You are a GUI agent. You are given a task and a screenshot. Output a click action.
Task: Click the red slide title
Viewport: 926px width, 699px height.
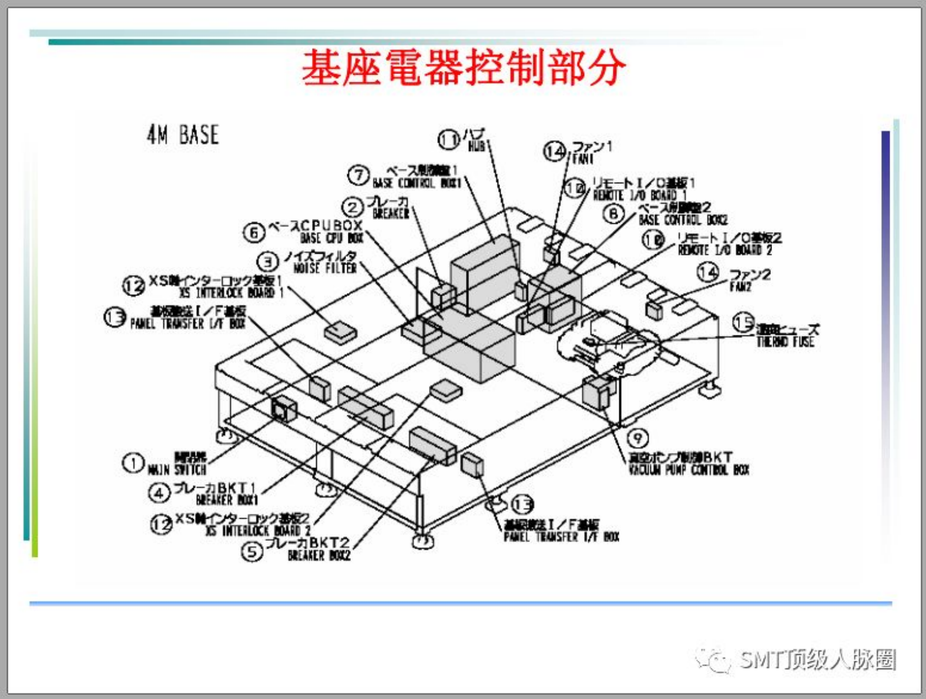[464, 68]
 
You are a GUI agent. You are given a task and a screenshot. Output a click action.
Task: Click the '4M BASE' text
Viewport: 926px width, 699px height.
[182, 135]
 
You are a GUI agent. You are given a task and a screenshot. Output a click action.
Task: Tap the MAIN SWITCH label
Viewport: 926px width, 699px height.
[177, 469]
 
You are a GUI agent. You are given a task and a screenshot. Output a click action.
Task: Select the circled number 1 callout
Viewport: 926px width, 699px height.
[133, 463]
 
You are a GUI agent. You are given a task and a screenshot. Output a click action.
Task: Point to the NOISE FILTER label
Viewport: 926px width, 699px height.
[325, 268]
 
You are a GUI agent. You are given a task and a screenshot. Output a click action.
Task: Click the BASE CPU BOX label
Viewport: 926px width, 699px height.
[331, 237]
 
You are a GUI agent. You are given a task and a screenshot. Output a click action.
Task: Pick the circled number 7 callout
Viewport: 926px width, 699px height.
[358, 175]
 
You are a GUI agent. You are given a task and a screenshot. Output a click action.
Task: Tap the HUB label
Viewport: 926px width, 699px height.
[476, 146]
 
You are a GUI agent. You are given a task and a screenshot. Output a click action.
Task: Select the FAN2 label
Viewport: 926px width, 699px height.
[740, 287]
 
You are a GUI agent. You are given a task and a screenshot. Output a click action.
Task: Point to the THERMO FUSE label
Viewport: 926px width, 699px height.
[785, 341]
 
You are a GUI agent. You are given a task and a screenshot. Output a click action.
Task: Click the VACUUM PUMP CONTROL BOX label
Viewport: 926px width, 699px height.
[688, 469]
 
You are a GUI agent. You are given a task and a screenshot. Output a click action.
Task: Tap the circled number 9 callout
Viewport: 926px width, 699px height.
[638, 438]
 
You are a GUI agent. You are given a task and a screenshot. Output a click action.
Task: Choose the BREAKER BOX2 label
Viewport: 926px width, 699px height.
[318, 555]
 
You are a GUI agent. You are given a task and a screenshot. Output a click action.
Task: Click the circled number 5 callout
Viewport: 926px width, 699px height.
[252, 552]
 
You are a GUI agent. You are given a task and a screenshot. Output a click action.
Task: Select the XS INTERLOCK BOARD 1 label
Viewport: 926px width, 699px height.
[231, 293]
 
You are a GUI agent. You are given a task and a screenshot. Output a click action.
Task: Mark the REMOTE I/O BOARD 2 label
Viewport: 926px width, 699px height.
[724, 250]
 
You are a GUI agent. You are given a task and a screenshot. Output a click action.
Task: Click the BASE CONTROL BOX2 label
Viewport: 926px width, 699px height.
[683, 220]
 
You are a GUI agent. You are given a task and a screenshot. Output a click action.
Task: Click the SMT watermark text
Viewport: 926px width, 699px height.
[817, 660]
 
